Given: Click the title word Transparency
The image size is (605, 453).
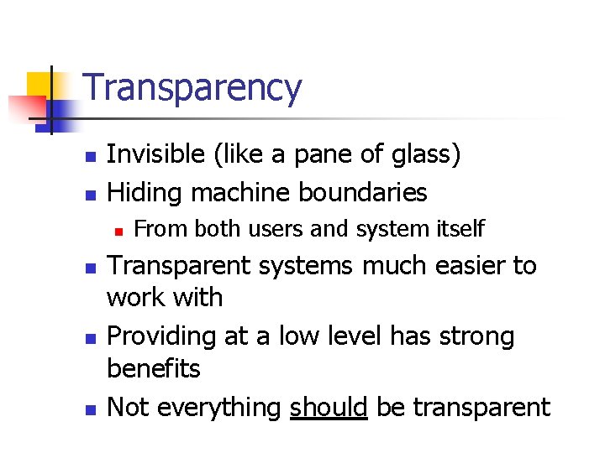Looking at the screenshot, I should (x=192, y=88).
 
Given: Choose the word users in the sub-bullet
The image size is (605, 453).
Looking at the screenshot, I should (x=268, y=228).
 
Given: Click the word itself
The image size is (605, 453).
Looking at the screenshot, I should (x=460, y=228).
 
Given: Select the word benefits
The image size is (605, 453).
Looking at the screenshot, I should (x=154, y=368).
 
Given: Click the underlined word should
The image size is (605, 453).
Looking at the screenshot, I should (x=328, y=407).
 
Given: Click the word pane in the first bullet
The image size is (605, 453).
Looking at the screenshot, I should (x=302, y=154).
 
